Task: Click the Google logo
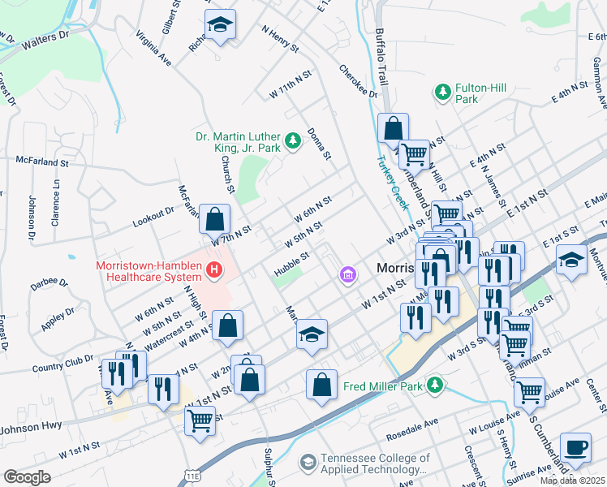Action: click(27, 477)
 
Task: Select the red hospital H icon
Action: click(214, 270)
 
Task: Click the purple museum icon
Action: click(348, 276)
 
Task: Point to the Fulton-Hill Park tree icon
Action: click(443, 91)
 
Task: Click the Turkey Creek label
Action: click(391, 179)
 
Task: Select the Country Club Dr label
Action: click(57, 362)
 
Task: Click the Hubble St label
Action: click(292, 261)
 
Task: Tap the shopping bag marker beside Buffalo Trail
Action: click(393, 130)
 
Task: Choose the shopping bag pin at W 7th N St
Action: click(214, 219)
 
